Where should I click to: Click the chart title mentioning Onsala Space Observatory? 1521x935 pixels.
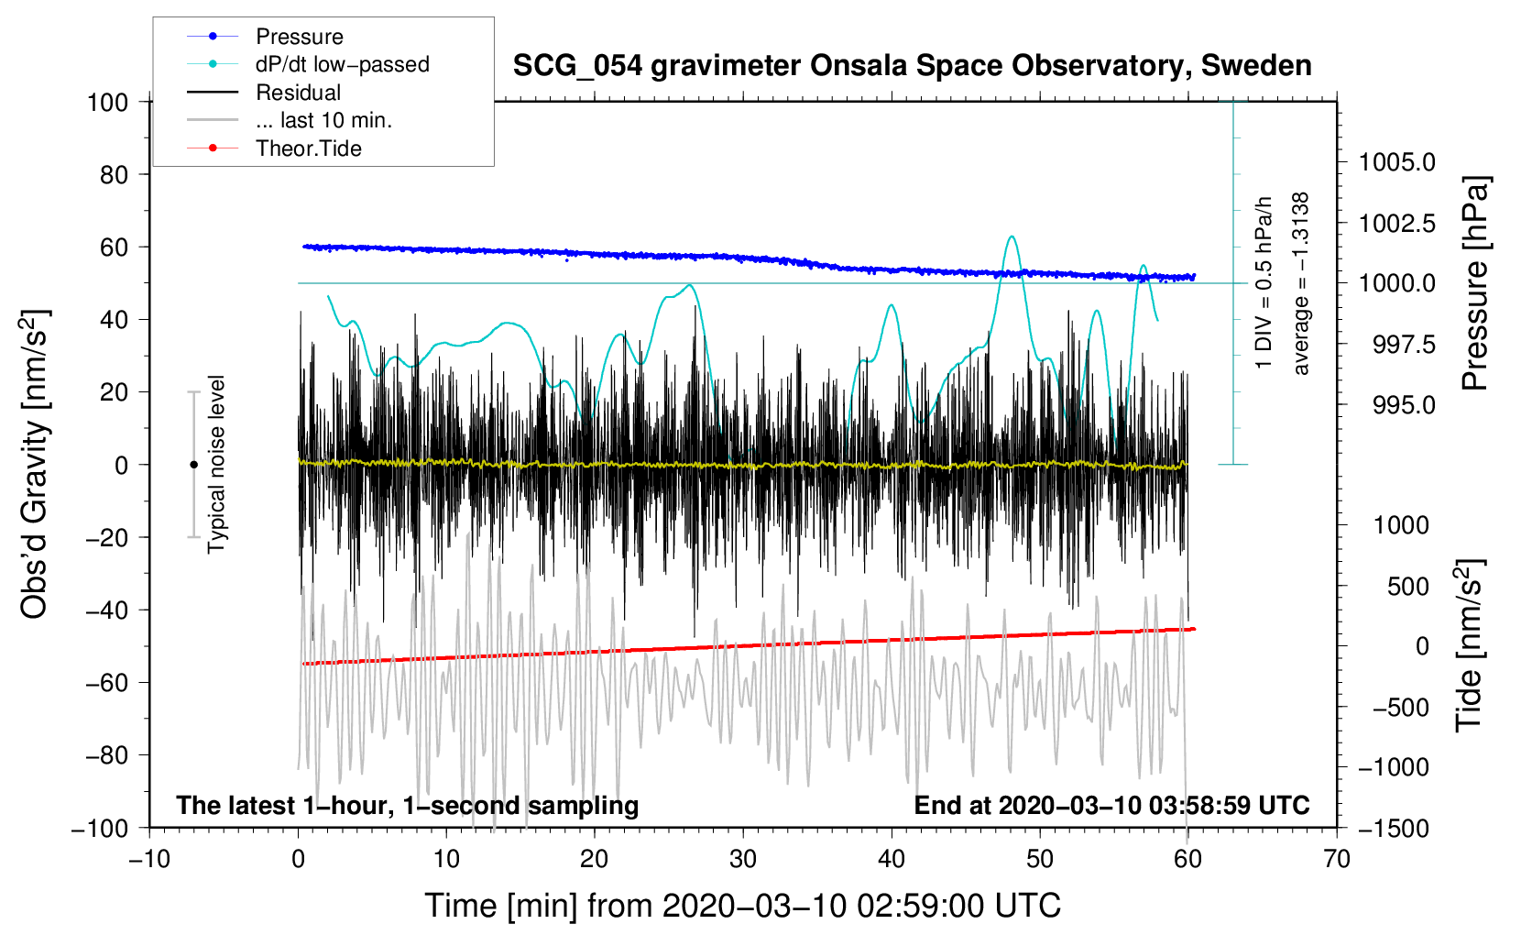pos(912,66)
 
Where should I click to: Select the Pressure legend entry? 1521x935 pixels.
pos(300,36)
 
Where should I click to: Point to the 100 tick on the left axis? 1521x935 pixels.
pos(108,103)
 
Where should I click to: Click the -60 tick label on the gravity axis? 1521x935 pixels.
pos(107,683)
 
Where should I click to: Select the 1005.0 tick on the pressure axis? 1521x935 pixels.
pos(1396,162)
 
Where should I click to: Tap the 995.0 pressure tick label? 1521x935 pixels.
pos(1405,406)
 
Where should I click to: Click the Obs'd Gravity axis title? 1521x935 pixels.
pos(35,465)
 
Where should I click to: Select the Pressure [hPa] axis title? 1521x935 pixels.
pos(1474,283)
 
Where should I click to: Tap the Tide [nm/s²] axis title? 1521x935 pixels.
pos(1471,645)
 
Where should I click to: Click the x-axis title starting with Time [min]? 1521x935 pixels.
pos(743,907)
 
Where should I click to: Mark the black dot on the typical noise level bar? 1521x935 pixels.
pos(193,465)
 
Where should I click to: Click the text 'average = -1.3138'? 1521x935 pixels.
pos(1300,283)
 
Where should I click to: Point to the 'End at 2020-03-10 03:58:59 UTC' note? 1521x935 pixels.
pos(1111,805)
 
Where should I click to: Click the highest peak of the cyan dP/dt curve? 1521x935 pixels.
pos(1012,236)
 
